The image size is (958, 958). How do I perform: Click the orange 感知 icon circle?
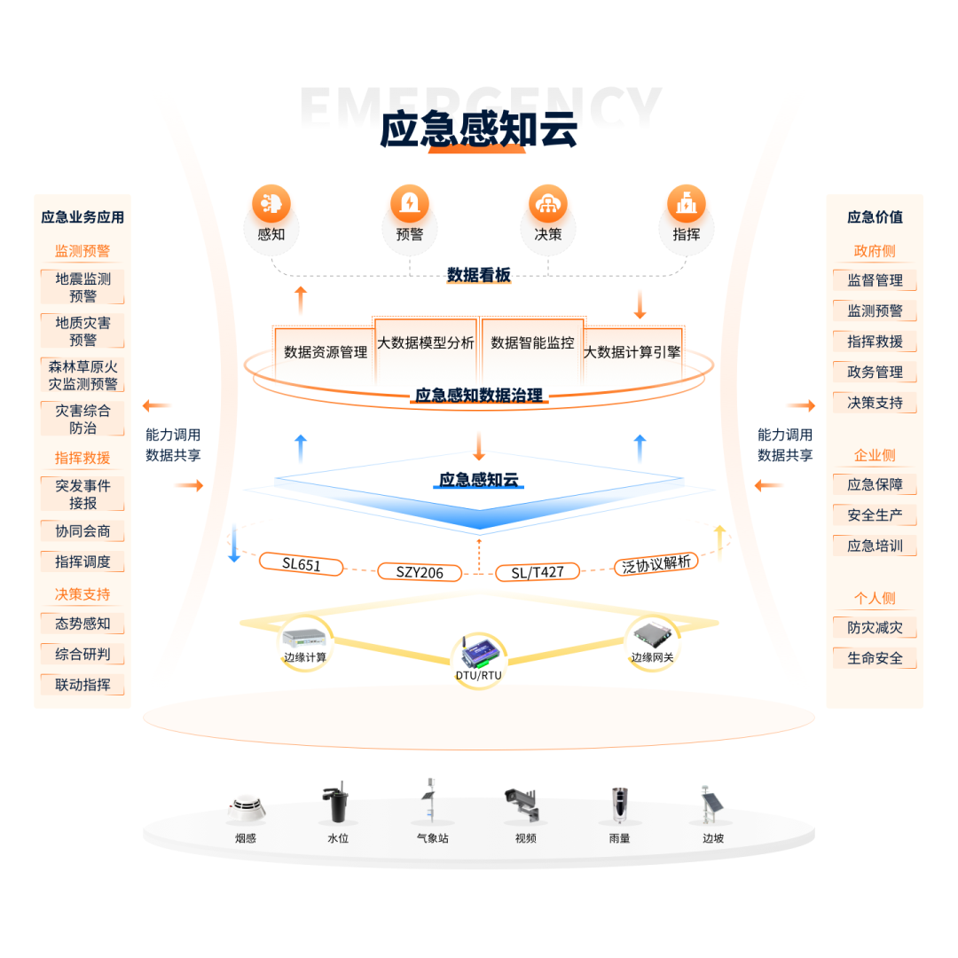click(271, 204)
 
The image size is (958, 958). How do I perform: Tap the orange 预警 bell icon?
click(410, 204)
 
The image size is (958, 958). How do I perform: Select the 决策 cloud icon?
click(548, 204)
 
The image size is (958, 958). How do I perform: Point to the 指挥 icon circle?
click(686, 204)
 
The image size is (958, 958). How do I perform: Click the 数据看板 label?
click(479, 276)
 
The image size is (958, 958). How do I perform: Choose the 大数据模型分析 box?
click(426, 343)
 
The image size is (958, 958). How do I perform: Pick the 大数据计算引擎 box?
click(632, 352)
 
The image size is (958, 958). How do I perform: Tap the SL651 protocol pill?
click(302, 564)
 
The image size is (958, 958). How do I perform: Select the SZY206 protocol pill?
click(420, 572)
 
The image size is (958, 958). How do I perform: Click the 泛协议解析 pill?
click(656, 564)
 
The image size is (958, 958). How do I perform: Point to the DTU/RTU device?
click(479, 653)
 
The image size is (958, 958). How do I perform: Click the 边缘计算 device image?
click(305, 636)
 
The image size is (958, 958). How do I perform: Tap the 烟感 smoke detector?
click(246, 806)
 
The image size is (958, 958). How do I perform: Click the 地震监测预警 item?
click(82, 287)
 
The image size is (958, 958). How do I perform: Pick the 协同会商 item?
click(82, 531)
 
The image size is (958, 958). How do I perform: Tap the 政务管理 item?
click(875, 373)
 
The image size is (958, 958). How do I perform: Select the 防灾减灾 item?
click(875, 628)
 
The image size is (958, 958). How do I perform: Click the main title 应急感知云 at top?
click(479, 130)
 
